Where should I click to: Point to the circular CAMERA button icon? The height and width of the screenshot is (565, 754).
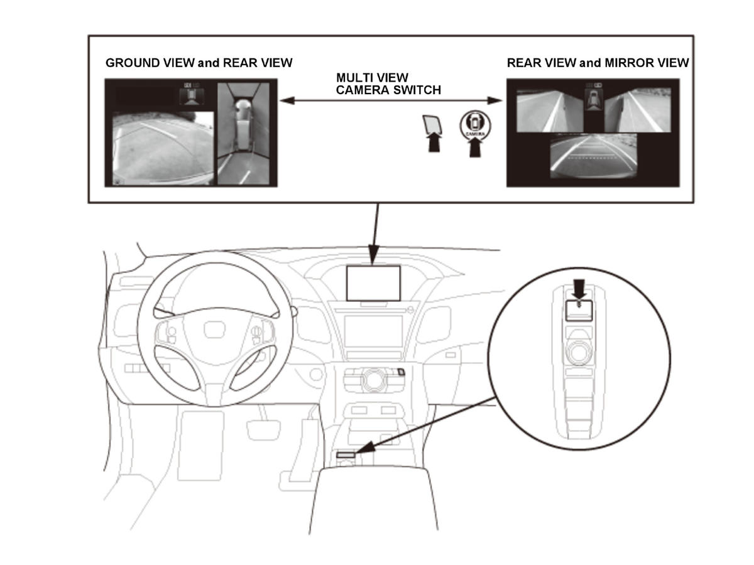475,125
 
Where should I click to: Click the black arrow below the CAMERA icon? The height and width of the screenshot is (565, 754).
475,149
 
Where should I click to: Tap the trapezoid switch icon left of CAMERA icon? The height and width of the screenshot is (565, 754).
432,124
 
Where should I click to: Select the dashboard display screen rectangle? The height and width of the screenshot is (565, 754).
373,283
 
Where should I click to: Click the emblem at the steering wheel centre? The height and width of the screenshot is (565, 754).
215,330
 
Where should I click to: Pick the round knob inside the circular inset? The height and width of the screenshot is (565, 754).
579,353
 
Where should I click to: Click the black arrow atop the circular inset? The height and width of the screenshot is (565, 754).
579,289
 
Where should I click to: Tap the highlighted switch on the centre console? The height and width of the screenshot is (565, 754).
346,455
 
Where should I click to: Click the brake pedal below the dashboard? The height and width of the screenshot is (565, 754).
264,430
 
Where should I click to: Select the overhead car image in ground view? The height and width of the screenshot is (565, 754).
244,134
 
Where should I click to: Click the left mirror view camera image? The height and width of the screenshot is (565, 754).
550,111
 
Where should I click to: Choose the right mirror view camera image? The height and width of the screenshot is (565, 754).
638,110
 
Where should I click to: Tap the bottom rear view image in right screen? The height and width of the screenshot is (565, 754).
594,156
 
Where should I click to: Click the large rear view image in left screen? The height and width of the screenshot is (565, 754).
163,149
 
